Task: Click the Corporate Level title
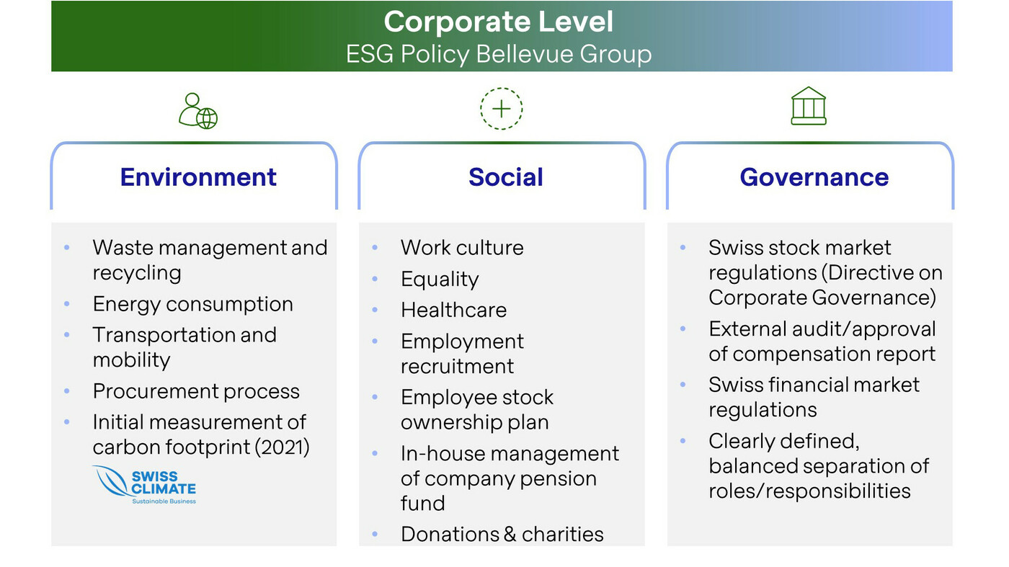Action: (x=498, y=21)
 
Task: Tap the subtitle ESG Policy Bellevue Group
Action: (x=499, y=54)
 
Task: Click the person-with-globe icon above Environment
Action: (x=198, y=111)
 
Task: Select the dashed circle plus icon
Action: (x=501, y=109)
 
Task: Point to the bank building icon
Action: (x=809, y=106)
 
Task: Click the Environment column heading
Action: (x=198, y=177)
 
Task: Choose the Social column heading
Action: (x=505, y=177)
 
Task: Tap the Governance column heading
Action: (x=814, y=177)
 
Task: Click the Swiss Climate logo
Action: (x=144, y=485)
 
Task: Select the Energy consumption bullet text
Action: (x=193, y=305)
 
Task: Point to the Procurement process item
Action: (x=196, y=391)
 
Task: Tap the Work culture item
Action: (x=462, y=247)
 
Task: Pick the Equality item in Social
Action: (x=440, y=280)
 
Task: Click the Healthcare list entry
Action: (x=453, y=310)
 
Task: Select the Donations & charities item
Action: (x=502, y=534)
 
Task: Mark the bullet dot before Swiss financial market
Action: (x=683, y=385)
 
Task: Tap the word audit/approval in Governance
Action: (x=863, y=329)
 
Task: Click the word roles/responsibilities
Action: (x=809, y=491)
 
